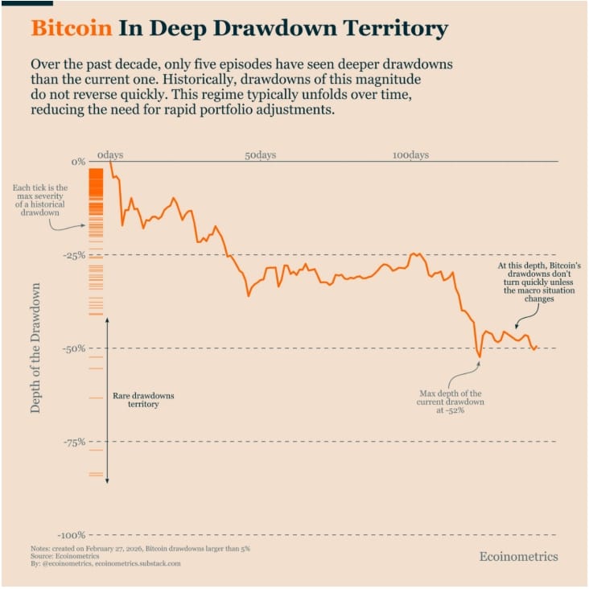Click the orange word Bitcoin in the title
71,29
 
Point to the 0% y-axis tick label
78,162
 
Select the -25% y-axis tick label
74,255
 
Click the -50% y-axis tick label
74,348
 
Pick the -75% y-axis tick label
74,442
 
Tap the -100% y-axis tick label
72,535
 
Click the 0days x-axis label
110,154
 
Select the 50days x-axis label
261,154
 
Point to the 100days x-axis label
410,154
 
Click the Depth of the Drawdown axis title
35,348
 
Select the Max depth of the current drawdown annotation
450,402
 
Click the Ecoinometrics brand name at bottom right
517,557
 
